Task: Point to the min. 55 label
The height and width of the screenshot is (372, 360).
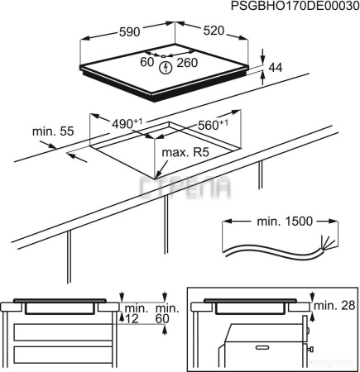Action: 53,131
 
